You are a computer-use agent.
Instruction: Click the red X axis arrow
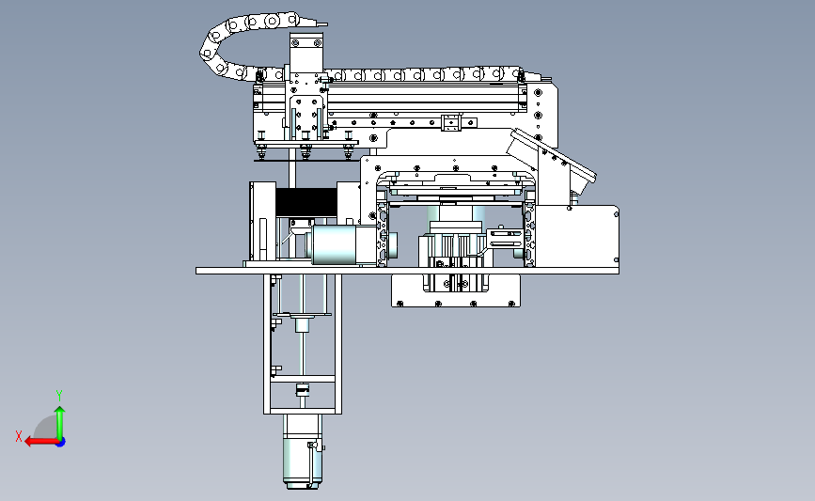(41, 442)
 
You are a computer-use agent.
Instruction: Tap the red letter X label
(19, 436)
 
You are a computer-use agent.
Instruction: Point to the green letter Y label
(59, 396)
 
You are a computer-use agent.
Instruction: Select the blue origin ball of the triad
(60, 442)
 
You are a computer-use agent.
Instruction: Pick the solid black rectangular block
(306, 202)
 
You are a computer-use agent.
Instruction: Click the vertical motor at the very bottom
(302, 451)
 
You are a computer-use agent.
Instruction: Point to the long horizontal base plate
(407, 271)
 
